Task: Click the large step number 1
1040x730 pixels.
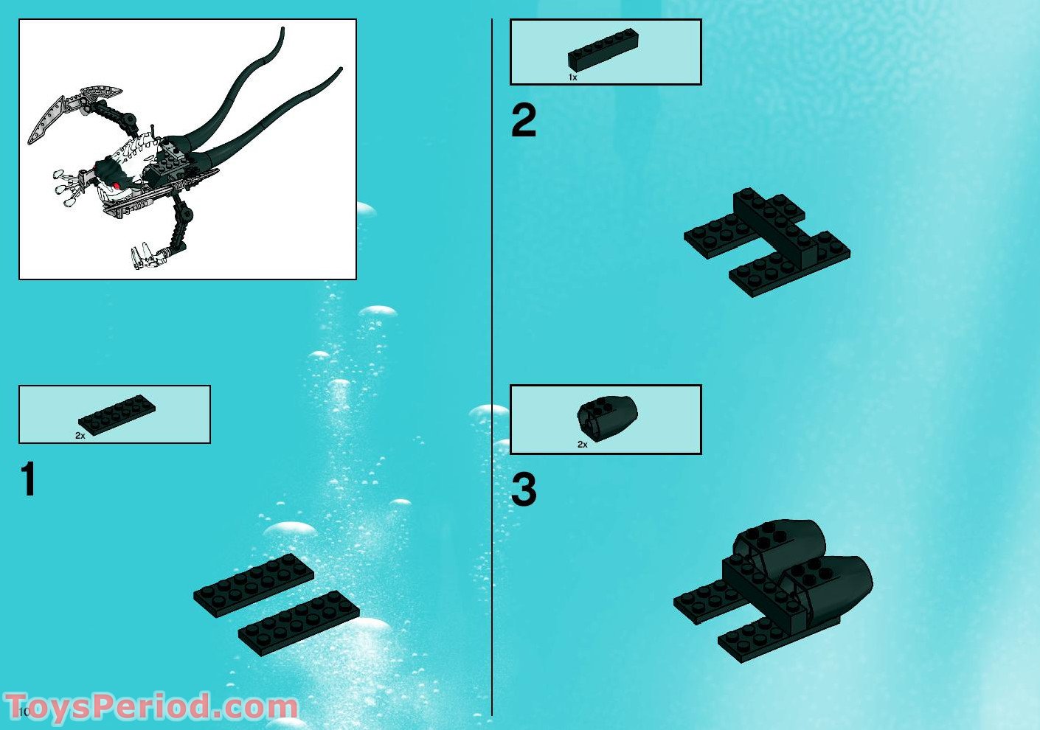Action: tap(29, 480)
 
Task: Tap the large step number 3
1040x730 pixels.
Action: tap(523, 490)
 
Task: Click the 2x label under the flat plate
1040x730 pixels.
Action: tap(80, 436)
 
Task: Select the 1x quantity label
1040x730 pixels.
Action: tap(572, 77)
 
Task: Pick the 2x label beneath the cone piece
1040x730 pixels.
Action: tap(582, 445)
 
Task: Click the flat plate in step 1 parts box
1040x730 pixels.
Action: tap(117, 414)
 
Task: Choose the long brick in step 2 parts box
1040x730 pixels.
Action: tap(603, 50)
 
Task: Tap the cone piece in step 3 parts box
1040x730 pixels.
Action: tap(607, 417)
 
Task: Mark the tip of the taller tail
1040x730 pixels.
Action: tap(282, 29)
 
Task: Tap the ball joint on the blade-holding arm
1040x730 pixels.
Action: tap(130, 117)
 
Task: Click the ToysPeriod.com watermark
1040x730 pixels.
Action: tap(151, 706)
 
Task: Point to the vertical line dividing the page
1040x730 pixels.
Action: tap(492, 369)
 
